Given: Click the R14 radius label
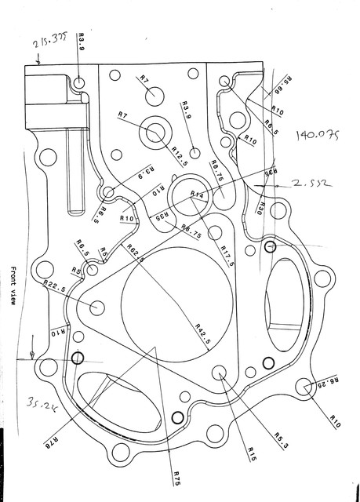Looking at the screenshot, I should [197, 194].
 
